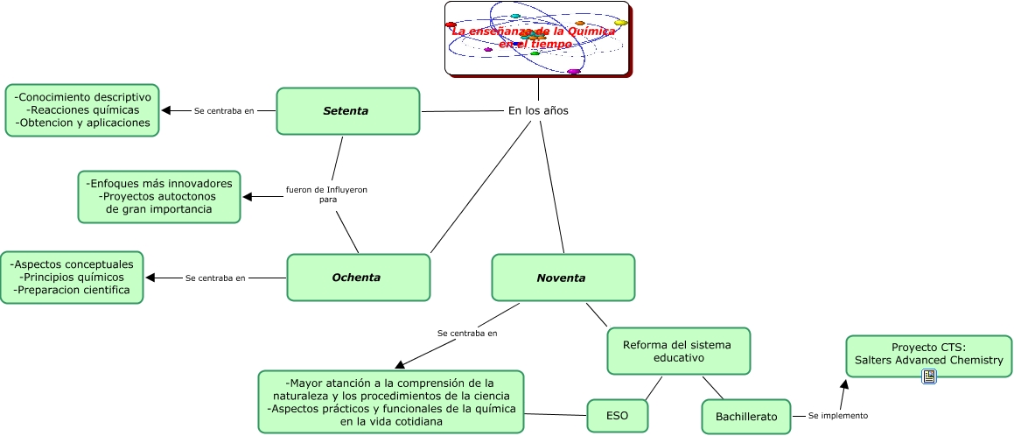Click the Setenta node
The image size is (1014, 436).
click(x=348, y=111)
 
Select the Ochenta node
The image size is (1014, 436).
click(x=358, y=278)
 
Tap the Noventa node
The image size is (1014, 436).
click(x=563, y=278)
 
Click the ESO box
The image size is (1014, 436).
click(x=618, y=415)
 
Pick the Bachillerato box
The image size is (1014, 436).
click(x=745, y=417)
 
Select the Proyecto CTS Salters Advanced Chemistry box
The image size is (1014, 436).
click(x=929, y=354)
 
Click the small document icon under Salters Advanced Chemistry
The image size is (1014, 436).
click(x=929, y=376)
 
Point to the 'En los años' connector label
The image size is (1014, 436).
click(x=538, y=110)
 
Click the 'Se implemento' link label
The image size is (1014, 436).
click(x=837, y=415)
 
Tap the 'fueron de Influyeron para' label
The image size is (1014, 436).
click(x=327, y=194)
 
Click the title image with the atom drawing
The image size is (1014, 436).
click(x=537, y=39)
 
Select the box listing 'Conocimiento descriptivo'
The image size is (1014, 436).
click(x=83, y=110)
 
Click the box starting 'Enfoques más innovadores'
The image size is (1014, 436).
click(x=159, y=196)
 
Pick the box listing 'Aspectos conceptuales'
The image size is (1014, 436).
click(x=72, y=277)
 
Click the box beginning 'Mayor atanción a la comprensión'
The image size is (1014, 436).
click(x=391, y=402)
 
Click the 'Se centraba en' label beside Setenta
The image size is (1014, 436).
click(x=224, y=111)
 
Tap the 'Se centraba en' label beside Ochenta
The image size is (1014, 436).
click(x=215, y=278)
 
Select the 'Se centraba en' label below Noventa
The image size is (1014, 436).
click(x=466, y=334)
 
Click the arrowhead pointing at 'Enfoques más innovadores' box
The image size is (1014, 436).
click(x=248, y=196)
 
